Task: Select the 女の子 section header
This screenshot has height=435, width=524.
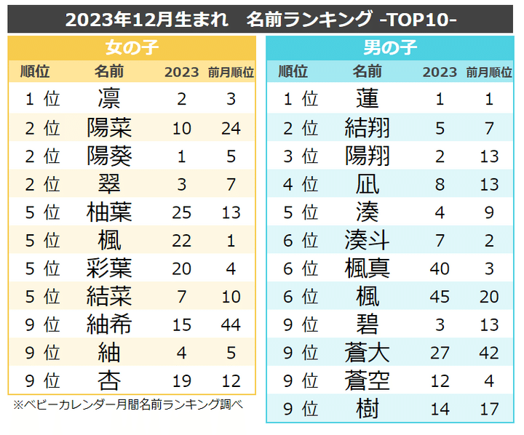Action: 132,48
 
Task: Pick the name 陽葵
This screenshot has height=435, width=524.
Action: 109,156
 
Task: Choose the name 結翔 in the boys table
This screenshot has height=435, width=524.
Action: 368,127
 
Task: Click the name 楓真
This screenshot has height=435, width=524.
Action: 368,268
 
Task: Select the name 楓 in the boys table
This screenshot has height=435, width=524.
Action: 368,296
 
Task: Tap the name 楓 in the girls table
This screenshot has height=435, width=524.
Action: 109,240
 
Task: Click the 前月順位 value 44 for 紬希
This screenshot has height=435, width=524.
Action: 231,324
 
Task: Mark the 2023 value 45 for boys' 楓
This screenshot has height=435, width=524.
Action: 440,296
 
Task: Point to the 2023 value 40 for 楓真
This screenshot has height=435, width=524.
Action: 440,268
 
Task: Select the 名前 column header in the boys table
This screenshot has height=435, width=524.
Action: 368,71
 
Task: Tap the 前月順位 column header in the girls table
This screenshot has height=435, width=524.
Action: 231,71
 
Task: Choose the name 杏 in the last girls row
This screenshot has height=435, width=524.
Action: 109,380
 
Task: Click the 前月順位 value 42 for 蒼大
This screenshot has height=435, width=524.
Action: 489,353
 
